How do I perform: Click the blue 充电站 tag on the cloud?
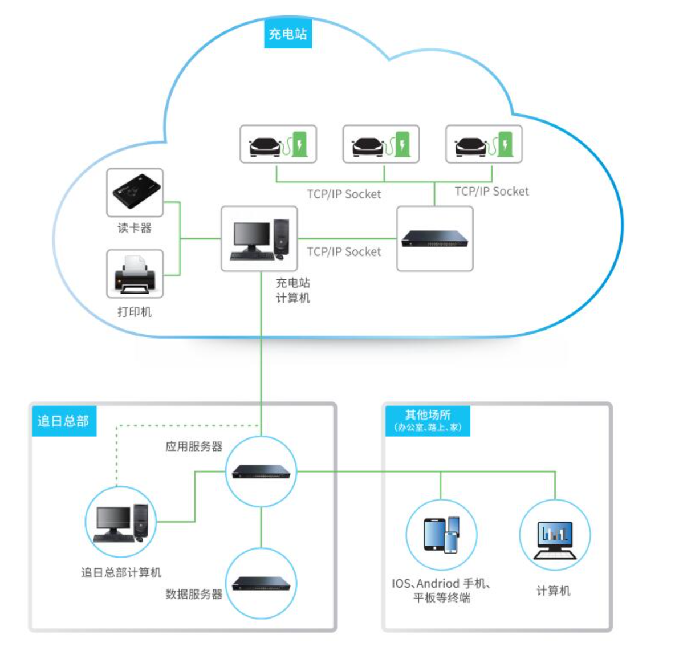[288, 34]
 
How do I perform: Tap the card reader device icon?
[135, 192]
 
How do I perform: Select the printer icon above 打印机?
[135, 274]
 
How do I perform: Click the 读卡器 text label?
[135, 228]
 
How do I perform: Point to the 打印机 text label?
[135, 312]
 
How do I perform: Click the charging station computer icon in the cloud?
[259, 239]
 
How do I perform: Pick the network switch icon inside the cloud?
[434, 239]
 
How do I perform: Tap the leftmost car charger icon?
[278, 145]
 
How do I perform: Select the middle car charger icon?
[381, 145]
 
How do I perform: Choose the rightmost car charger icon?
[483, 145]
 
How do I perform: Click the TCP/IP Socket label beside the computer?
[344, 252]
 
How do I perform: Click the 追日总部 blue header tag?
[63, 421]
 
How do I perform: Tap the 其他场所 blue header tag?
[428, 420]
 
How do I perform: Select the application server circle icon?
[261, 471]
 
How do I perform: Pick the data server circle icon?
[261, 583]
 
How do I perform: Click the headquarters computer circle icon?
[120, 522]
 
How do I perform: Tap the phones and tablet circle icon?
[441, 535]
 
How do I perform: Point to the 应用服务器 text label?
[194, 446]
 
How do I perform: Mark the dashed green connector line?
[171, 425]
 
